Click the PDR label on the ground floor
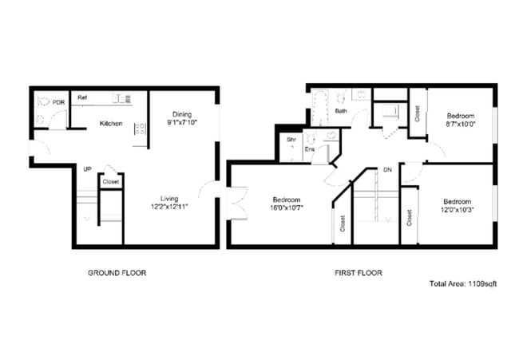click(58, 102)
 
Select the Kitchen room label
click(110, 124)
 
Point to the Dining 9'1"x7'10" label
click(181, 118)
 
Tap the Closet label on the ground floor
click(111, 182)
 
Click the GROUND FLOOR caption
click(117, 273)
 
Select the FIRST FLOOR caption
click(358, 273)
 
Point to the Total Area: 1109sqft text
click(462, 283)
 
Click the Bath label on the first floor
click(341, 111)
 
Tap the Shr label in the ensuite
click(291, 139)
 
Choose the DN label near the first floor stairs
click(386, 170)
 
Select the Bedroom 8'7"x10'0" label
click(459, 120)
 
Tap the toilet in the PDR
click(43, 103)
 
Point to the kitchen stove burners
click(140, 128)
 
